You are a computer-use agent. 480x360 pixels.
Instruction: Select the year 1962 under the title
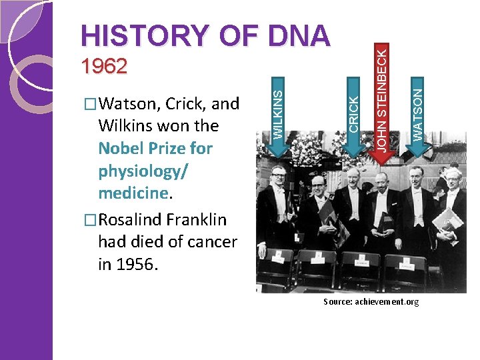click(x=103, y=66)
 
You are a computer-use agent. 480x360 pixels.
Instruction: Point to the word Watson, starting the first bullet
click(x=129, y=103)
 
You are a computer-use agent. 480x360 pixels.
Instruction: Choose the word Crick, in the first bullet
click(x=186, y=103)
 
